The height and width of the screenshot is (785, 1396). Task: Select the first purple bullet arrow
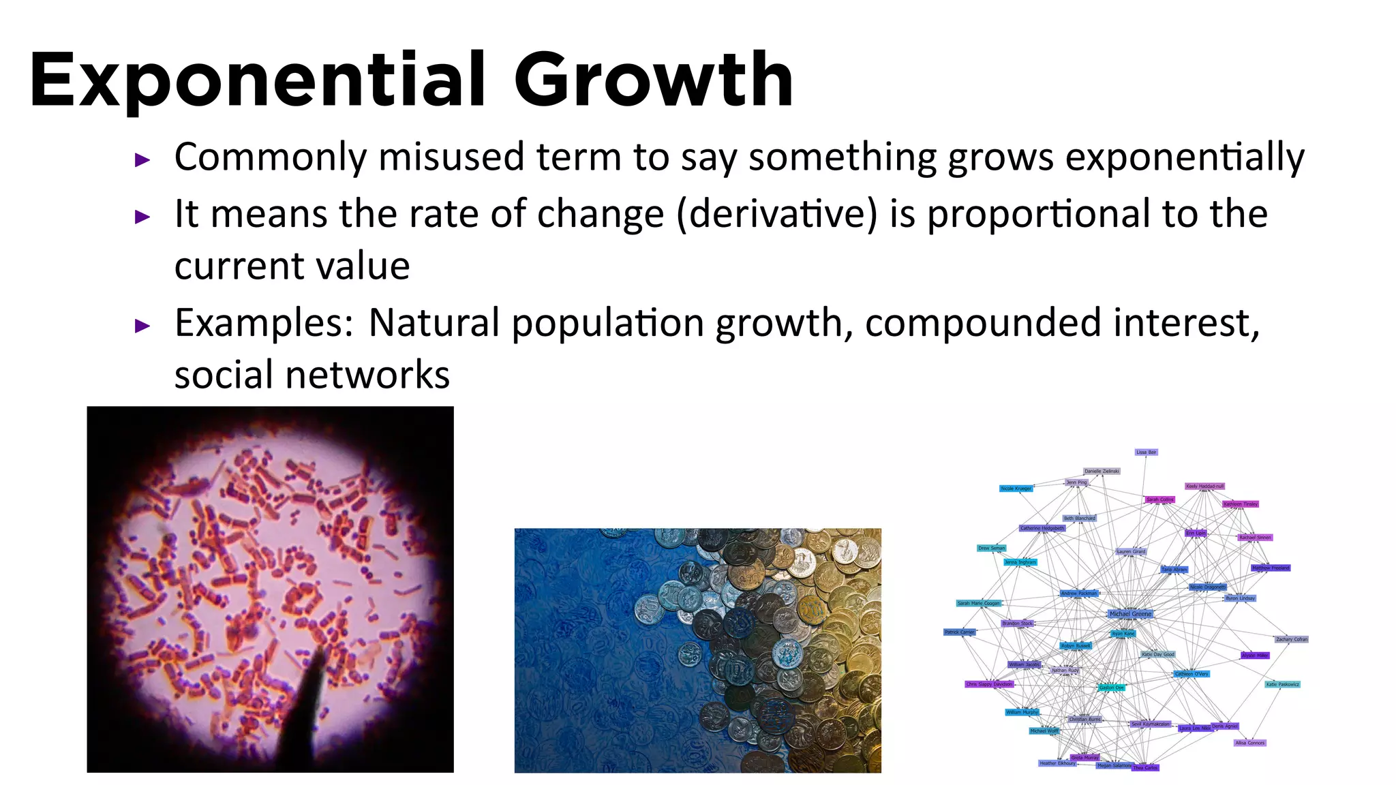coord(142,161)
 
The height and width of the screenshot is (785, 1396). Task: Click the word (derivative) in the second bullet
coord(778,214)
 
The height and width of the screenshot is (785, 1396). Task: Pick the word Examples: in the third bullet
coord(264,323)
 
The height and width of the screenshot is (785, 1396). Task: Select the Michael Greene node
coord(1130,614)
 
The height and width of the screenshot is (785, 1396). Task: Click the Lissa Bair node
coord(1146,452)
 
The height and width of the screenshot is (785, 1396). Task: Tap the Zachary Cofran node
coord(1292,639)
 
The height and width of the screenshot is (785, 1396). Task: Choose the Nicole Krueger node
coord(1016,489)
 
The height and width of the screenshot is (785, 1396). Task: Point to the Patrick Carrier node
coord(959,632)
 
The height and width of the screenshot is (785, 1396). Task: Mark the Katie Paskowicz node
coord(1282,684)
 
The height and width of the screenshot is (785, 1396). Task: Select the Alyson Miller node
coord(1255,656)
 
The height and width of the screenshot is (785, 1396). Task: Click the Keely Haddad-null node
coord(1204,487)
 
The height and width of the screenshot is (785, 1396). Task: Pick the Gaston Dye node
coord(1111,688)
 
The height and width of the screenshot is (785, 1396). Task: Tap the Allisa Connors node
coord(1250,743)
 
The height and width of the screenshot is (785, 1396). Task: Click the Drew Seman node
coord(991,548)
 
